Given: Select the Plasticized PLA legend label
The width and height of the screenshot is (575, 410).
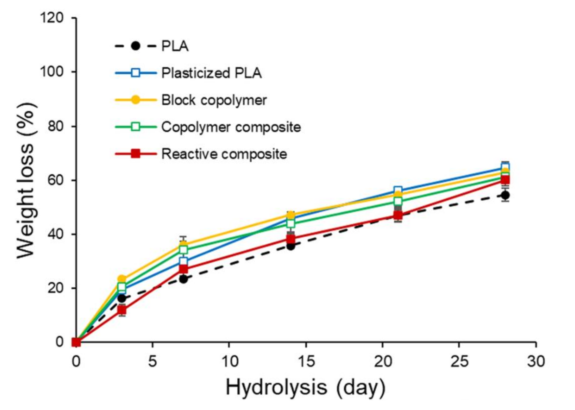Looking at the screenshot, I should coord(211,73).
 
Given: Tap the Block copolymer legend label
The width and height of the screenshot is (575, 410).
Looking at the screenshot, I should coord(214,100).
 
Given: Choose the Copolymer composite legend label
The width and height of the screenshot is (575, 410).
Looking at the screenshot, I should coord(231,127).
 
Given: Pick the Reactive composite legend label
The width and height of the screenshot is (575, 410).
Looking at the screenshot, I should coord(224,154).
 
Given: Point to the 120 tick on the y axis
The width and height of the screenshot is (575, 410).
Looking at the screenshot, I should coord(52,18).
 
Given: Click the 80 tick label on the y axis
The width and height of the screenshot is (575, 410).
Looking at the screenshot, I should coord(55,126).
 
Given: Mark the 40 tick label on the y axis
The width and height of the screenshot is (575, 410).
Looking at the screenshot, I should coord(55,234).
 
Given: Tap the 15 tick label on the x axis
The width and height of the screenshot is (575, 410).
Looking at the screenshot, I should coord(306,361).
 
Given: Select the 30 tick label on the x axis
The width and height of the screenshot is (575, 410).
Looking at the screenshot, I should coord(536,361).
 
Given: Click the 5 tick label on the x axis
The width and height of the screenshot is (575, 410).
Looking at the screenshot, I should coord(152,361).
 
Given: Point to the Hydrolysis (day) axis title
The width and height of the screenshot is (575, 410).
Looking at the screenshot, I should coord(305,387).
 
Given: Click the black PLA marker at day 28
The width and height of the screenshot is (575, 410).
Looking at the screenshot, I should coord(505,195).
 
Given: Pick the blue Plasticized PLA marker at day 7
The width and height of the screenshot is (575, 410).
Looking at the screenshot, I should coord(184,261).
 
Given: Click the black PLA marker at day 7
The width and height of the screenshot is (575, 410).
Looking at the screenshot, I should coord(184,279).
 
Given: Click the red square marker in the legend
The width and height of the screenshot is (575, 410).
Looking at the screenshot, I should coord(136,154).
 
